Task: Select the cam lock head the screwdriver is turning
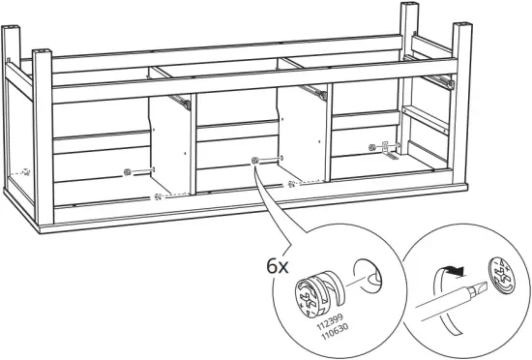[x=505, y=274]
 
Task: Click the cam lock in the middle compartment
[x=253, y=161]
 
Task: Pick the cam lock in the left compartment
[x=127, y=173]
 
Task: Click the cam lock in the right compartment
[x=372, y=147]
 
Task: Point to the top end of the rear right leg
[x=407, y=8]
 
